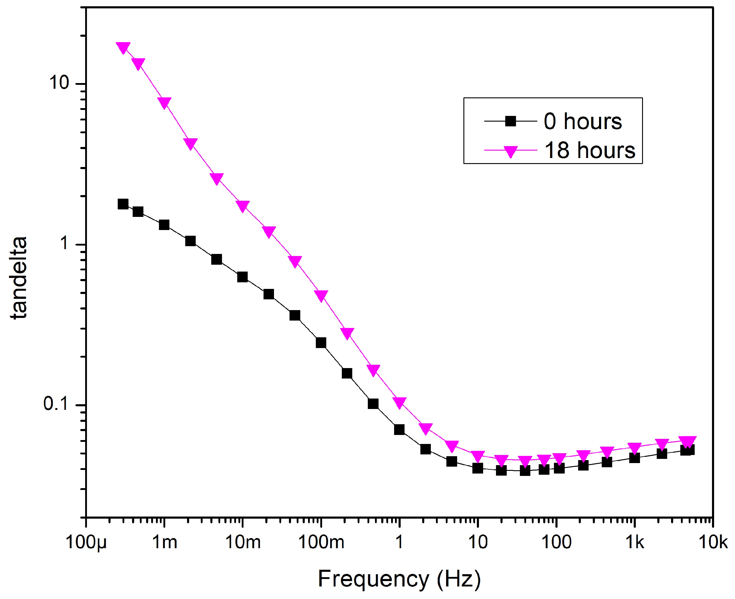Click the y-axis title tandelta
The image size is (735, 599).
click(x=19, y=278)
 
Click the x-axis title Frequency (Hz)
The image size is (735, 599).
click(x=399, y=579)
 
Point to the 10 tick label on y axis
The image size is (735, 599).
click(x=59, y=83)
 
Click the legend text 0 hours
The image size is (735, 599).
click(x=583, y=122)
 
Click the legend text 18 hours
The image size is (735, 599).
click(x=590, y=151)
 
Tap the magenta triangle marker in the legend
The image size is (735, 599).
click(x=510, y=151)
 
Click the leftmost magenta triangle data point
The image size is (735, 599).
click(x=123, y=47)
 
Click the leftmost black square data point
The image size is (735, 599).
click(x=123, y=204)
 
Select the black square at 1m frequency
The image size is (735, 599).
click(x=164, y=225)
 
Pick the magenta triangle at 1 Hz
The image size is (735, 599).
click(x=399, y=402)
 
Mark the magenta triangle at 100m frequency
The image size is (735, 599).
click(x=321, y=295)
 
